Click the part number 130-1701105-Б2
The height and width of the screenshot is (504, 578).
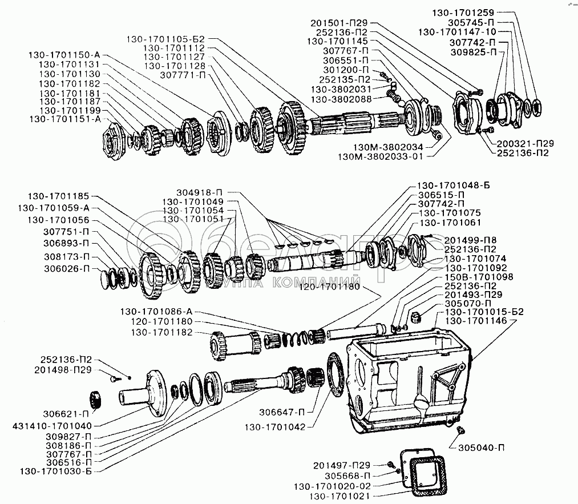(165, 39)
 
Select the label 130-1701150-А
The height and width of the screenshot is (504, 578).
(64, 55)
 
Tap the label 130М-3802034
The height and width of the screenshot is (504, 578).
(388, 147)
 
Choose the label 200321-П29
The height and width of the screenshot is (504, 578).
(526, 143)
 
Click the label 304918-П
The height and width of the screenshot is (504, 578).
(200, 192)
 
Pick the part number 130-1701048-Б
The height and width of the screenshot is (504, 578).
(454, 186)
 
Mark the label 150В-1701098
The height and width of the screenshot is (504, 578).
(479, 277)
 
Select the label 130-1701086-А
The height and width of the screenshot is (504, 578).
(156, 312)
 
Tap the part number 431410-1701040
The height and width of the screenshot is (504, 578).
(52, 426)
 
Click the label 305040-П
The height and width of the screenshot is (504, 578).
(482, 448)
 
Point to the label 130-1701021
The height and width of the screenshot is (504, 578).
(339, 496)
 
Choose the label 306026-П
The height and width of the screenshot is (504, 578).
(67, 269)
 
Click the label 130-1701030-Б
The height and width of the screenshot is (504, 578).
(56, 471)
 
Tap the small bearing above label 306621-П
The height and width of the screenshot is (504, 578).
(96, 398)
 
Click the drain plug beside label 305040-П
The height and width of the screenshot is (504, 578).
(460, 430)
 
